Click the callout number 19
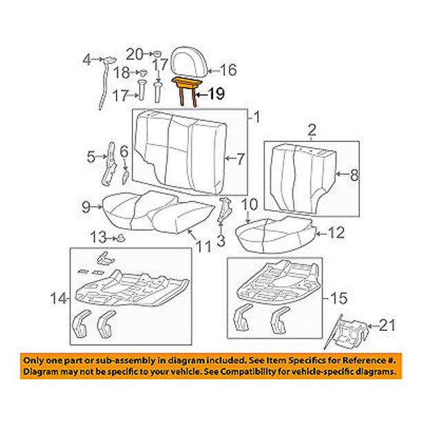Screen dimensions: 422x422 (217, 94)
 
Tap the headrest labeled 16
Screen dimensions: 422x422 (190, 63)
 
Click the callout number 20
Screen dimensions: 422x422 (134, 54)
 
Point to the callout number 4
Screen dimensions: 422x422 (87, 60)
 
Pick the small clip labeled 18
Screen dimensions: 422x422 (144, 72)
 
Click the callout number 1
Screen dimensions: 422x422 (257, 117)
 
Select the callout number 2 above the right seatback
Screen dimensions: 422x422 (312, 130)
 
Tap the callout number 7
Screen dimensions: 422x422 (240, 159)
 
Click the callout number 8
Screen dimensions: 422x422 (354, 175)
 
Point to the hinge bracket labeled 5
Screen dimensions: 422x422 (108, 165)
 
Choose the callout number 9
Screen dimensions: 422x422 (86, 208)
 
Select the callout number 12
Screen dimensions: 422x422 (336, 233)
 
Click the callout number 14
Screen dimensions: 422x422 (59, 299)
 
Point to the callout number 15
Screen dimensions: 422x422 (339, 298)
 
